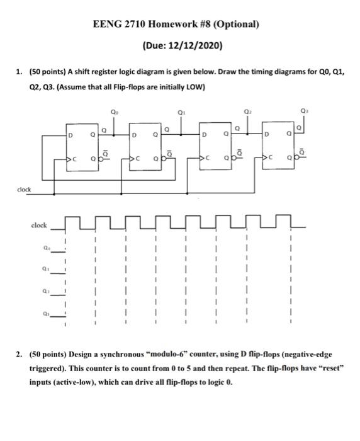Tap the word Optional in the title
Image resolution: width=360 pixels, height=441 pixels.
point(236,25)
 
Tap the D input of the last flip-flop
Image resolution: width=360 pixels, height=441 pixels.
point(267,134)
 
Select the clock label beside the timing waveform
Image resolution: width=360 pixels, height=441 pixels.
point(40,224)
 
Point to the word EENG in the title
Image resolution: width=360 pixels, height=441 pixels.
point(106,25)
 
